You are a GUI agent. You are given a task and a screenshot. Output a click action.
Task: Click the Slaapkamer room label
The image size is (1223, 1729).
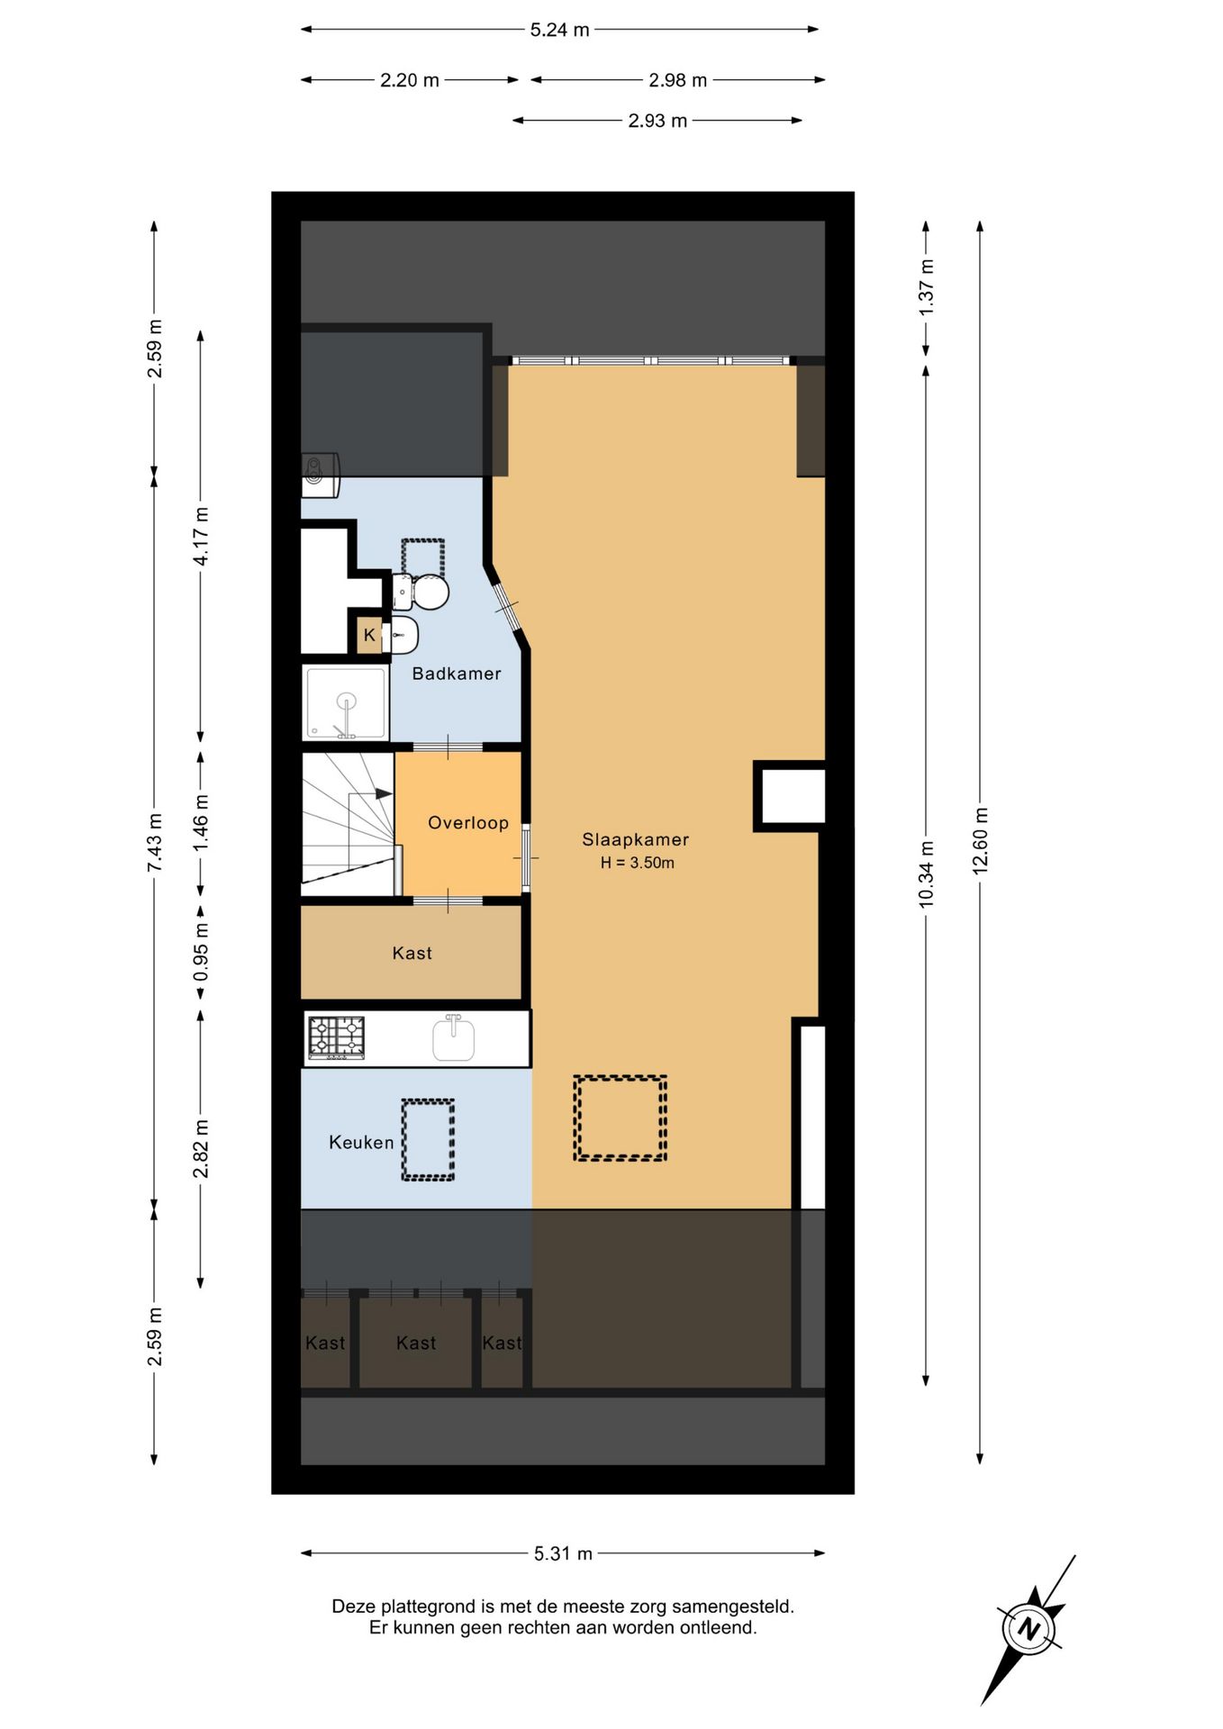[x=635, y=840]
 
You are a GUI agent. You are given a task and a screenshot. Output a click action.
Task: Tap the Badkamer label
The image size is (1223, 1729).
[x=457, y=674]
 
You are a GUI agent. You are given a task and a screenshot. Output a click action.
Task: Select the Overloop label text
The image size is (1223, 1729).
[x=468, y=823]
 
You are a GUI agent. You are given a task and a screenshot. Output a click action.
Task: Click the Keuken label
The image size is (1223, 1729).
[x=361, y=1143]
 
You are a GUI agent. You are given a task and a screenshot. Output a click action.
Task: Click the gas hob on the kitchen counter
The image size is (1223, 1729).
[x=337, y=1037]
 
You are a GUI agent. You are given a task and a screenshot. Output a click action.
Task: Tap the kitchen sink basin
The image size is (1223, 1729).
[x=453, y=1039]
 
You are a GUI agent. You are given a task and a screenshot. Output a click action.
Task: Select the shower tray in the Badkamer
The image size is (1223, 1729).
[x=347, y=703]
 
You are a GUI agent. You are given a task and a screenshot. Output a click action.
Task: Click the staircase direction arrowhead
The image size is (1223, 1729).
[x=384, y=794]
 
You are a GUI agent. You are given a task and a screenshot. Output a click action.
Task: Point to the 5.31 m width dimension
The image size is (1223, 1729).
[x=563, y=1553]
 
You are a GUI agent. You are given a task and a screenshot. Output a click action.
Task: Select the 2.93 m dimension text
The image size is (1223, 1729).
[x=657, y=121]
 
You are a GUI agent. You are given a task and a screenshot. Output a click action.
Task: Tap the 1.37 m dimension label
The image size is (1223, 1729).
[x=926, y=286]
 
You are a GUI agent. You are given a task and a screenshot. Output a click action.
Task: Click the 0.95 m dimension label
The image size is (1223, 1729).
[x=201, y=953]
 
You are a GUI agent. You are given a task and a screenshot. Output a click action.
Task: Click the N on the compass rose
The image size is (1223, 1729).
[x=1028, y=1629]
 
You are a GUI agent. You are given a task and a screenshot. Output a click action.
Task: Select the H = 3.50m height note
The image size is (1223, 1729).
[x=638, y=863]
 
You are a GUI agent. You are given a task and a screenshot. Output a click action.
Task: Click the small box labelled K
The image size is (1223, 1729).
[x=369, y=635]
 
